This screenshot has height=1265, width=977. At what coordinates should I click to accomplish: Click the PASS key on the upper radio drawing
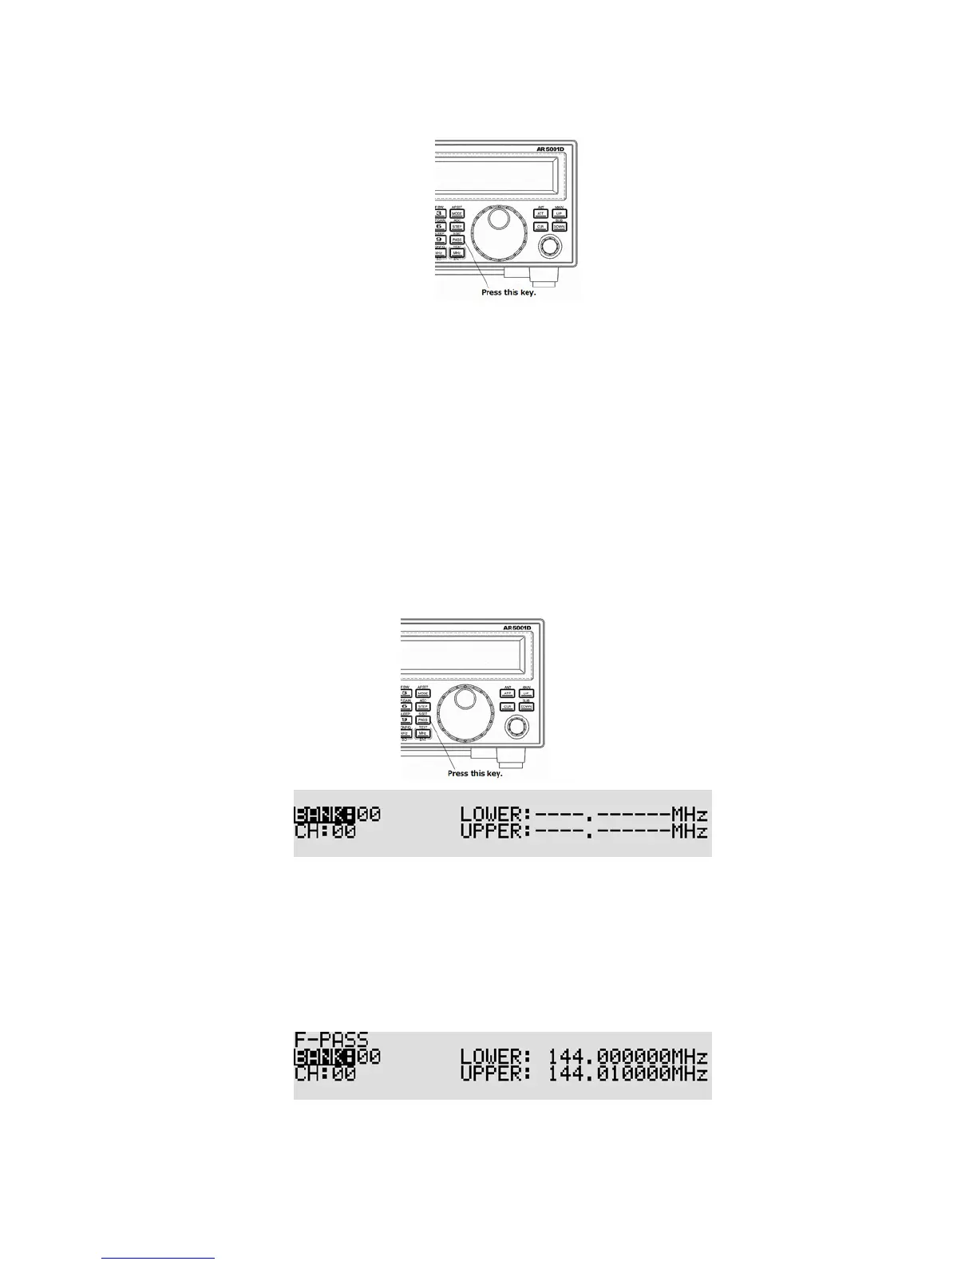pyautogui.click(x=457, y=240)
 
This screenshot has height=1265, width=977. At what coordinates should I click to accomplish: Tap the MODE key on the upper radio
pyautogui.click(x=457, y=214)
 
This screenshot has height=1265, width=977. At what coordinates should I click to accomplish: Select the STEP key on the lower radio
pyautogui.click(x=423, y=707)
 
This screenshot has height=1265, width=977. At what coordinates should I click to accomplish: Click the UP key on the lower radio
pyautogui.click(x=526, y=693)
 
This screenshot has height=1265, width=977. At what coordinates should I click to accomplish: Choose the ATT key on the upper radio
pyautogui.click(x=540, y=214)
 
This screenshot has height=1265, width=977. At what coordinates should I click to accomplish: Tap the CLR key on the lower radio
pyautogui.click(x=507, y=707)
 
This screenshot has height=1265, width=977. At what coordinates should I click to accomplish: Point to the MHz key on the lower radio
pyautogui.click(x=423, y=733)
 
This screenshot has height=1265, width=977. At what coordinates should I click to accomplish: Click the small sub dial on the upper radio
pyautogui.click(x=549, y=248)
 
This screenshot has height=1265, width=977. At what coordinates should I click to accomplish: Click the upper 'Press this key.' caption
pyautogui.click(x=508, y=292)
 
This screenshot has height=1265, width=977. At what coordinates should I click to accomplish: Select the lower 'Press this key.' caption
pyautogui.click(x=475, y=773)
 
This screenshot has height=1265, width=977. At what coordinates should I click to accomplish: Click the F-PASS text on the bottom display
pyautogui.click(x=331, y=1040)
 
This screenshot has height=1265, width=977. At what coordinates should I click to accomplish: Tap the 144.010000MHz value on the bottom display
pyautogui.click(x=627, y=1073)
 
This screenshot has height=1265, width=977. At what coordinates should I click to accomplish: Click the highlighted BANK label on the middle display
pyautogui.click(x=324, y=815)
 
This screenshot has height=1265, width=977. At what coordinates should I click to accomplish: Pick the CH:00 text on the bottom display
pyautogui.click(x=325, y=1073)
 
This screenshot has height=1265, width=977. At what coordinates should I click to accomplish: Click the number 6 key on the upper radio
pyautogui.click(x=439, y=227)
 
